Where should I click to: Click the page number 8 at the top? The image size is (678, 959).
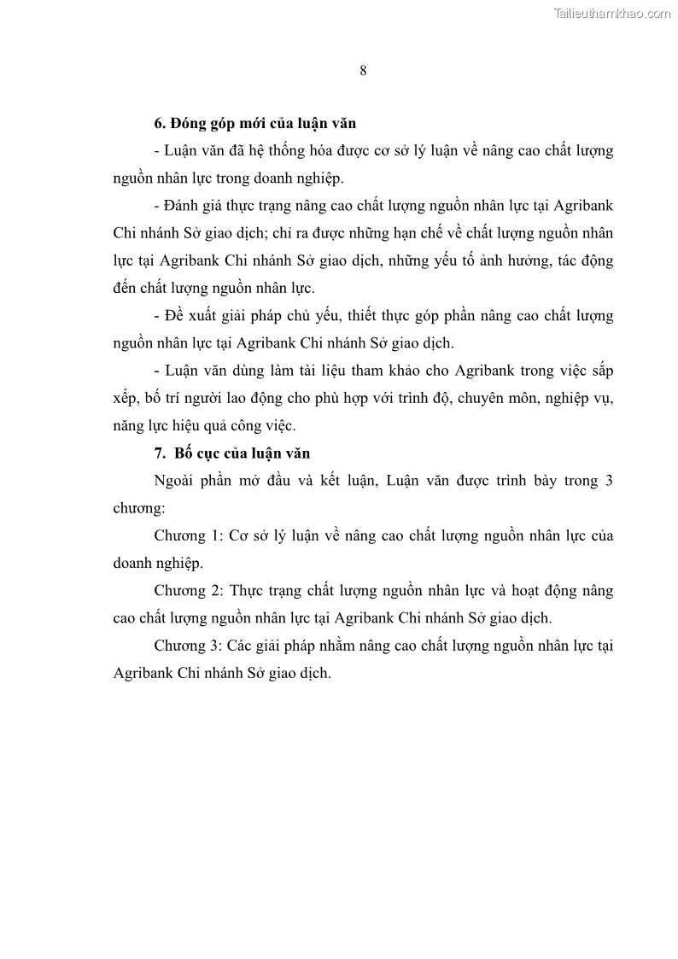[363, 71]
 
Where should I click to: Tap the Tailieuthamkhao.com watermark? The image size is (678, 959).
[612, 13]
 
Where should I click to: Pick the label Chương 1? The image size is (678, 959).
[187, 535]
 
